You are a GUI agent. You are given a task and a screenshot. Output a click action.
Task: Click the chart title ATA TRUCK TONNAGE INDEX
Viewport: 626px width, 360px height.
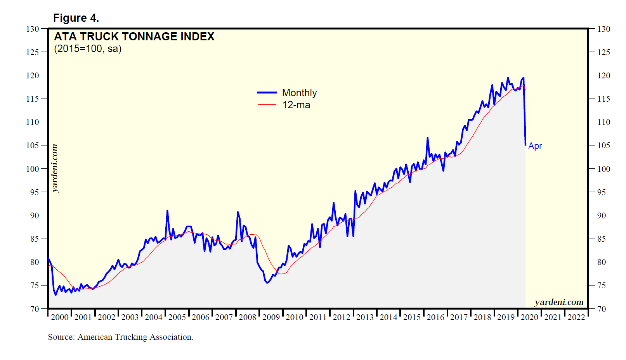(134, 36)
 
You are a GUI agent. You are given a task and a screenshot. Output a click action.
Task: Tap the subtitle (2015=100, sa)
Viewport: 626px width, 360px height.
(88, 49)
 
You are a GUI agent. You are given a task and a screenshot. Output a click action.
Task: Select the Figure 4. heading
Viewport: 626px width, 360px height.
(76, 18)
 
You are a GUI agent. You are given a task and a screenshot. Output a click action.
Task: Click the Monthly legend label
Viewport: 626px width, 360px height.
(299, 93)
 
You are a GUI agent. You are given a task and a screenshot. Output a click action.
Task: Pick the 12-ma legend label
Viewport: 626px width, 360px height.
(296, 105)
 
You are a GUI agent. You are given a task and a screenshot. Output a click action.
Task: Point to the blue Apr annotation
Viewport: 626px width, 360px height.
(535, 146)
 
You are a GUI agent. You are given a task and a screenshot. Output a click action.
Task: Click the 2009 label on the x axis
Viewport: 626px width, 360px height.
(271, 317)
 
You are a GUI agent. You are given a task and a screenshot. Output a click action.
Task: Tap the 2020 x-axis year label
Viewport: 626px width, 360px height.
(529, 317)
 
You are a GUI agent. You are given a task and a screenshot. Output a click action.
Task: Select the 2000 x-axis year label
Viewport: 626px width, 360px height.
(59, 317)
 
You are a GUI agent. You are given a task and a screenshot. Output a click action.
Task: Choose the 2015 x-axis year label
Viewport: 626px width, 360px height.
(412, 317)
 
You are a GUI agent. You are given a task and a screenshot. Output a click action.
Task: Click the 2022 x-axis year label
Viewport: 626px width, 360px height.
(576, 317)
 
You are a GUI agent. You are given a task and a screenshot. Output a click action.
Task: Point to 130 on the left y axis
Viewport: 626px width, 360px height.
(33, 29)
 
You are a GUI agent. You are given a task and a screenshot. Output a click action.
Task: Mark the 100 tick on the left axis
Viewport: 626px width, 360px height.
(33, 169)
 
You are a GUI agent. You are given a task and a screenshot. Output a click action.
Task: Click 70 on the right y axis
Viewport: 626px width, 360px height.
(601, 309)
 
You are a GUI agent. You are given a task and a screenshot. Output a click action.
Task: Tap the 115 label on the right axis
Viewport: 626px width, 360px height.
(603, 99)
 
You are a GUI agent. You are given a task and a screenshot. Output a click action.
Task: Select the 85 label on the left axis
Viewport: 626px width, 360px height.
(35, 239)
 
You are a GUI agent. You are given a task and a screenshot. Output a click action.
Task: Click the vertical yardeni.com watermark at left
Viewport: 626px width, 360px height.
(55, 168)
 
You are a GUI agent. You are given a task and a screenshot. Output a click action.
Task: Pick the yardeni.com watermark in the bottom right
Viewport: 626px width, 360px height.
(559, 302)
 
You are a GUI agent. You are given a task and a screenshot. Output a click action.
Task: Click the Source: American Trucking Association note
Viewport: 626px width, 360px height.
(121, 337)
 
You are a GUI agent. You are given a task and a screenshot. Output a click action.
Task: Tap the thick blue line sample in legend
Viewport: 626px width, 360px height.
(267, 93)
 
